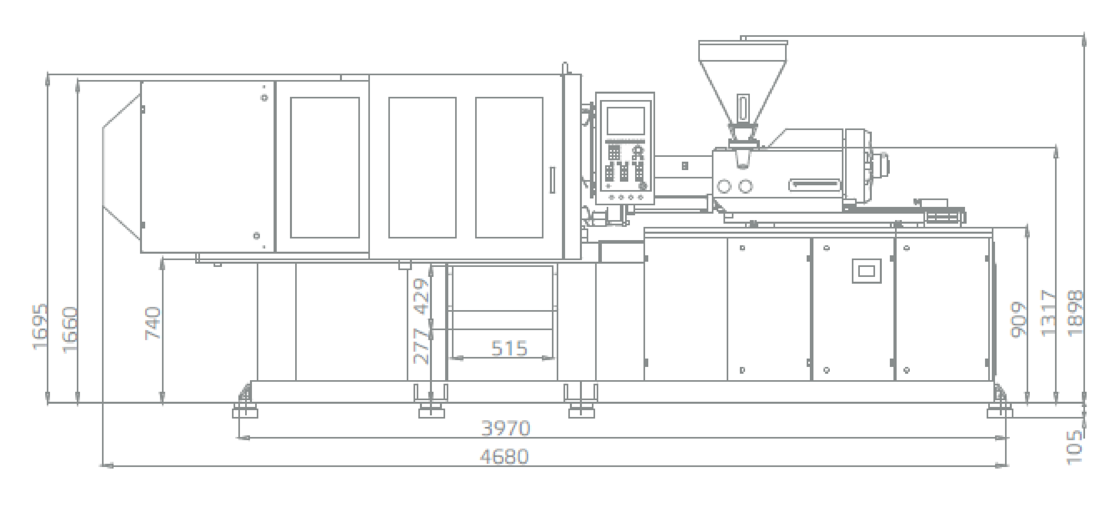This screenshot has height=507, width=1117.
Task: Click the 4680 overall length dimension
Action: click(x=504, y=457)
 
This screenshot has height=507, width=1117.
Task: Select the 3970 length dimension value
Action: click(x=506, y=429)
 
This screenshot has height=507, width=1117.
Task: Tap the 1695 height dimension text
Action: click(x=40, y=326)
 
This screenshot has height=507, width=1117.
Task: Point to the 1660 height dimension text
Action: click(x=70, y=330)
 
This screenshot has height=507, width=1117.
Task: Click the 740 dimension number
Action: click(x=153, y=323)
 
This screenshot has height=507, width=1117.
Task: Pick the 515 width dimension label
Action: click(x=509, y=348)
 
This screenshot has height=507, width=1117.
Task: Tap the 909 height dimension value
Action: click(x=1019, y=320)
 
